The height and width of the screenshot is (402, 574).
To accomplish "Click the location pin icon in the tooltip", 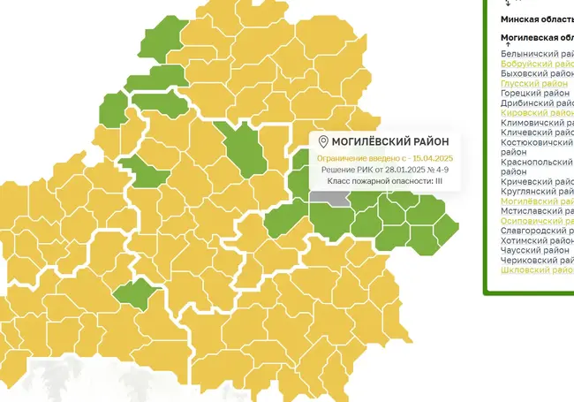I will click(323, 142).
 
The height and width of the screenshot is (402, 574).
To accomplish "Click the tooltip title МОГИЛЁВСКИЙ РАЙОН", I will click(389, 142).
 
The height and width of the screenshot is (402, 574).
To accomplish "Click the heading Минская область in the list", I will click(537, 18).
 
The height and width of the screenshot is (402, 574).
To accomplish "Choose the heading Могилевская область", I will click(537, 38).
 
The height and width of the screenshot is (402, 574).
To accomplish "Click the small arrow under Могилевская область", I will click(507, 44).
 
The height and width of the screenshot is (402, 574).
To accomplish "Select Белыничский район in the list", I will click(537, 54).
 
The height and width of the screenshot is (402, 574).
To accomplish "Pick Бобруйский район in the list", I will click(537, 64).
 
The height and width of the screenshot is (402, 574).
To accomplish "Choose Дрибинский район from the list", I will click(537, 102).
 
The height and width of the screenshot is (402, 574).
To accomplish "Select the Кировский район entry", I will click(537, 113).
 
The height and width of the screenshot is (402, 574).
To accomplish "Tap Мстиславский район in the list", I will click(537, 211).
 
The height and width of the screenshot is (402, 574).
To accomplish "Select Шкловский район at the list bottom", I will click(537, 270).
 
